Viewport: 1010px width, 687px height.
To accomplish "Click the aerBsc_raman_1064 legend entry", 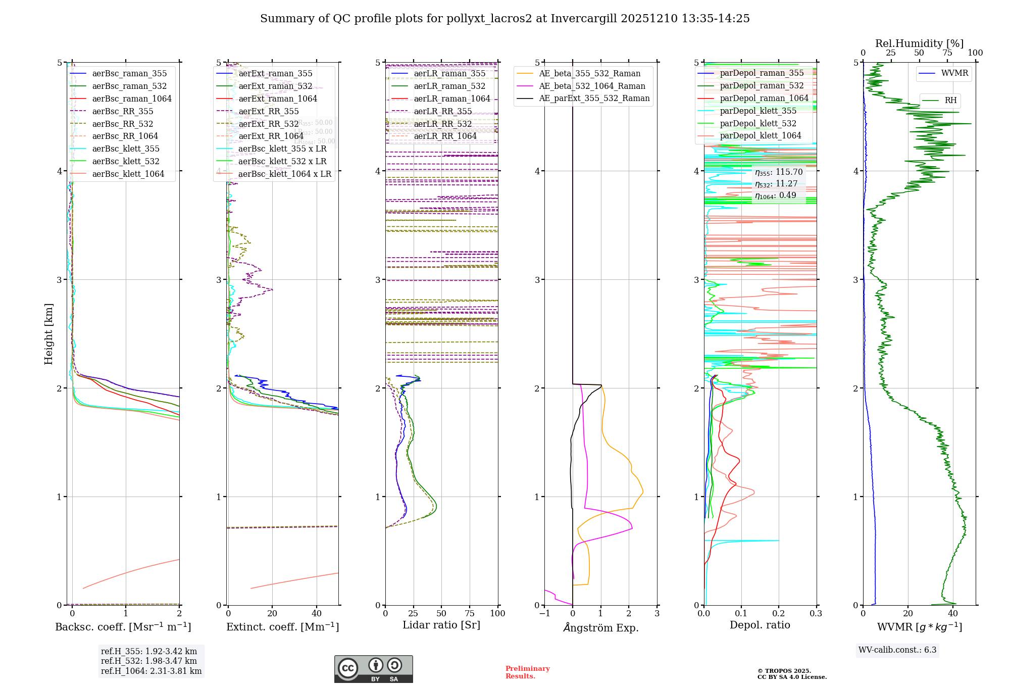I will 132,99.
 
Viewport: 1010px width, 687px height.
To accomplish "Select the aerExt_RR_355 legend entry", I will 269,111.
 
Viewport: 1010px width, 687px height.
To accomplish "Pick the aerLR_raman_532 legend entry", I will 449,86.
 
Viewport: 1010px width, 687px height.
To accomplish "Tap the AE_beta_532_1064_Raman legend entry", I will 592,86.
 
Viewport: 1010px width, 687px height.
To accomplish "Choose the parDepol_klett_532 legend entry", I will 758,123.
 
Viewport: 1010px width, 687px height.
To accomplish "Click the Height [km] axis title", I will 48,334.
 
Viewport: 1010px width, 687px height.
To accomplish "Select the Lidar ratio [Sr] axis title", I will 441,625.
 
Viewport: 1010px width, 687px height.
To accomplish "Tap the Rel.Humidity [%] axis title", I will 919,43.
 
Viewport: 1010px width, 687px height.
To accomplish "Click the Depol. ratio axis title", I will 760,625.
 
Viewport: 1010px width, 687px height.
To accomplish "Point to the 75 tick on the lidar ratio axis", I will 470,613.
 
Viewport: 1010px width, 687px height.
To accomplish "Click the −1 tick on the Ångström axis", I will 544,613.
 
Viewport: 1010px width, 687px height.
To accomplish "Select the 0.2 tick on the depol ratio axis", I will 779,613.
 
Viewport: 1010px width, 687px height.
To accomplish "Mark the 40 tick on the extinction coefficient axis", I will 317,613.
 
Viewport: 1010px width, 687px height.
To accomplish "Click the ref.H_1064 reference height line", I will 151,671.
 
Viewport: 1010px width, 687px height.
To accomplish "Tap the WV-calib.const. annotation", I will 897,650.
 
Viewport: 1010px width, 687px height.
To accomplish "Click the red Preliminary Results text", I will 527,672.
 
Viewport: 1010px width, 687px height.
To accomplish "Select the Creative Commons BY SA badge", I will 373,669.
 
